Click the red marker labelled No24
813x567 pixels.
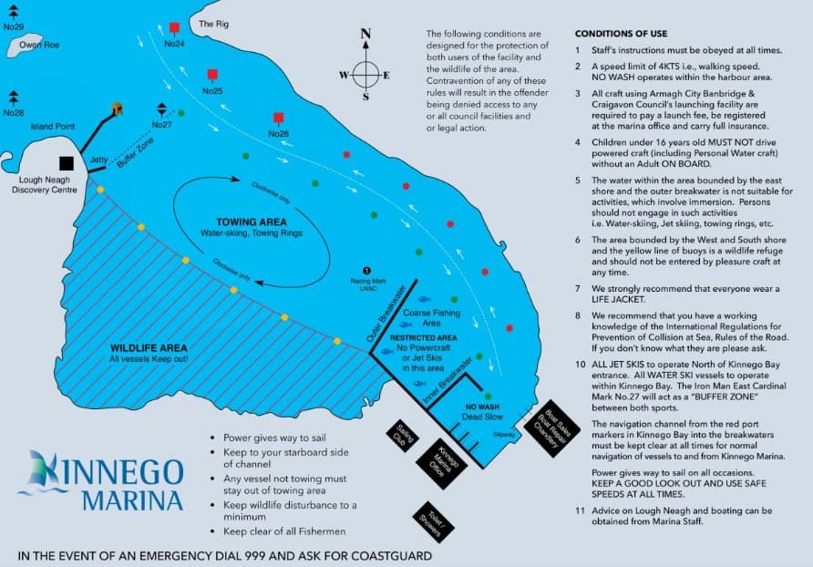(x=174, y=28)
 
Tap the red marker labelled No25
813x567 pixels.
(x=212, y=74)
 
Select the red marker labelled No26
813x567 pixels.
(x=278, y=118)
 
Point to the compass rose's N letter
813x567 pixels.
(x=366, y=35)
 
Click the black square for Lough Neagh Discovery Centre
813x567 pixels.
(x=67, y=163)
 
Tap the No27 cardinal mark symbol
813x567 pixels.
(x=161, y=109)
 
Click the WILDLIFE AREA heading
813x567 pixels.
(x=149, y=348)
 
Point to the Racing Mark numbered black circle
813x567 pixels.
(x=367, y=271)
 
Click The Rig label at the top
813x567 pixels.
(x=211, y=23)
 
